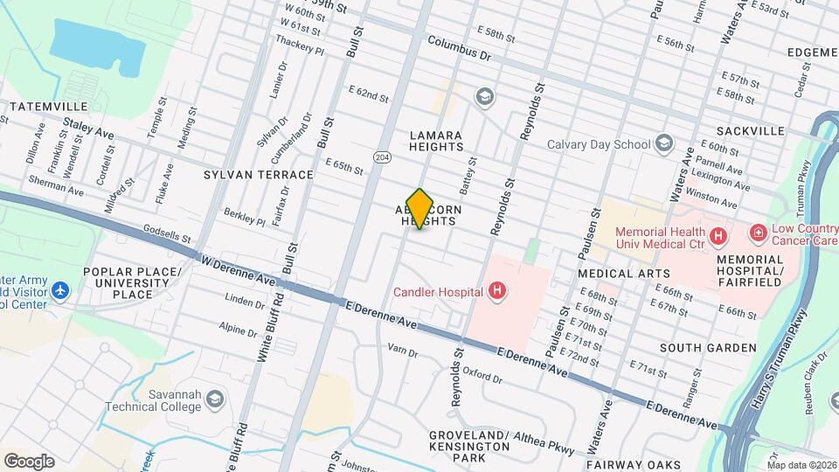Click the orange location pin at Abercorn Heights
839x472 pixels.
pos(420,208)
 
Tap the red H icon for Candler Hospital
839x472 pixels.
pos(496,291)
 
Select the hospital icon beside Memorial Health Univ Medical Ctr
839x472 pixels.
pos(718,236)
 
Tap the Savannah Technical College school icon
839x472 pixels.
pos(213,400)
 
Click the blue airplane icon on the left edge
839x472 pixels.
pos(59,289)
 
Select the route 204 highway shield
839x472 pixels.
pos(382,156)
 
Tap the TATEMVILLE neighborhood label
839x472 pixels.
pos(45,107)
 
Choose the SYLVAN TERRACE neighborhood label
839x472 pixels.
pos(258,175)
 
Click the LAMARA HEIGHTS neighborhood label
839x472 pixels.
pos(436,141)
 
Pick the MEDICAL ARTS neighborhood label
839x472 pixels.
pos(617,274)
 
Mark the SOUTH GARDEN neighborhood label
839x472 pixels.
pos(708,348)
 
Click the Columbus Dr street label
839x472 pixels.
pos(460,48)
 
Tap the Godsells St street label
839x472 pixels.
pos(165,233)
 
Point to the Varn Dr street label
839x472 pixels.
pos(403,351)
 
